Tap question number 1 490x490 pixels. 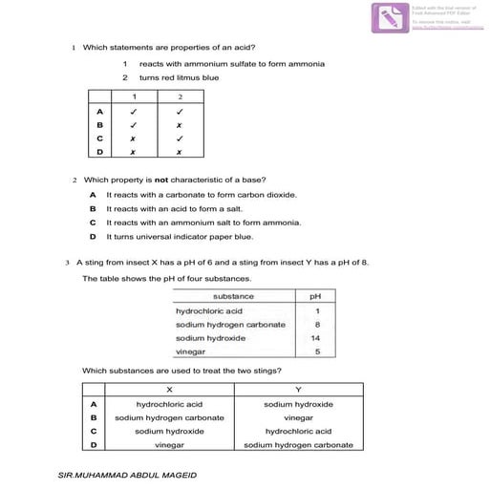click(x=74, y=47)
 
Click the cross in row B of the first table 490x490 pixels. click(x=179, y=124)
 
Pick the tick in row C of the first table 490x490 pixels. click(x=179, y=138)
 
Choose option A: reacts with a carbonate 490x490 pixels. click(x=201, y=194)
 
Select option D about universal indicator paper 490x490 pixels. click(x=180, y=236)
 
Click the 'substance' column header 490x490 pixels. click(x=233, y=296)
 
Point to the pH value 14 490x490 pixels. click(x=316, y=338)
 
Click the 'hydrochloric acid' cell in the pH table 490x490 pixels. click(x=209, y=310)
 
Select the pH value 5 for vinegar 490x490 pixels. click(x=316, y=352)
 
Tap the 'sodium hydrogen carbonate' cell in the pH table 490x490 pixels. click(x=230, y=325)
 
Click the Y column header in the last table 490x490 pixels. click(x=299, y=390)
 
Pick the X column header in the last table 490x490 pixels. click(x=169, y=390)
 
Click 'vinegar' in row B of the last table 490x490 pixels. click(x=299, y=417)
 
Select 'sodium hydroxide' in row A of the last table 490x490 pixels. click(x=299, y=404)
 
